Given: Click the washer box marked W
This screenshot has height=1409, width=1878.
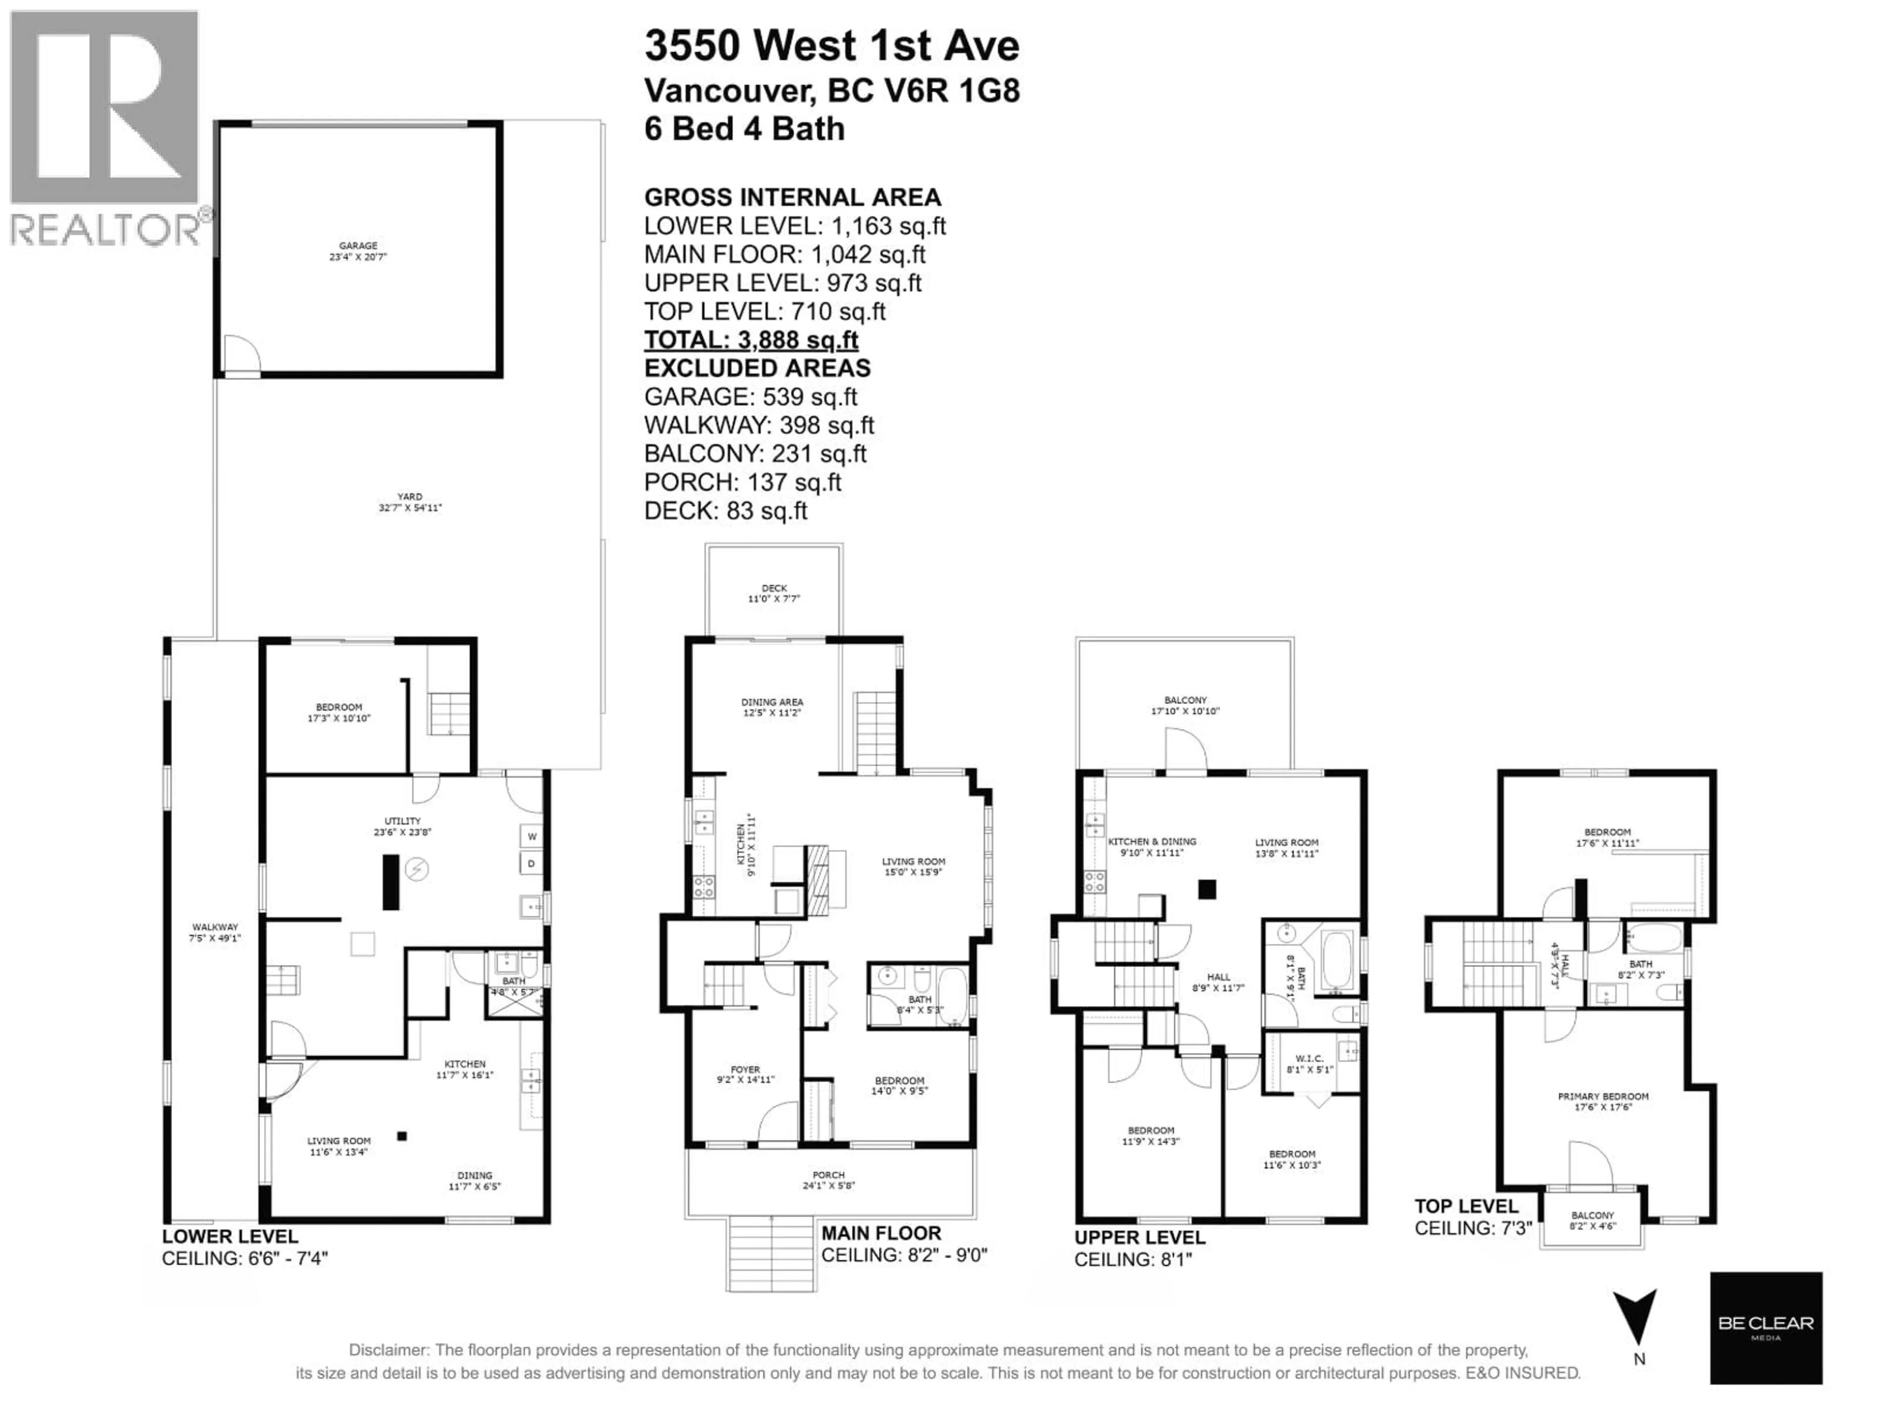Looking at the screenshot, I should tap(532, 837).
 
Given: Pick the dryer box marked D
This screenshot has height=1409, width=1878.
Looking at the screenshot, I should tap(532, 864).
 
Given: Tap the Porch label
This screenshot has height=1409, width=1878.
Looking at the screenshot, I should tap(828, 1180).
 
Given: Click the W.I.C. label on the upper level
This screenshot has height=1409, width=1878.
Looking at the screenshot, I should tap(1309, 1063).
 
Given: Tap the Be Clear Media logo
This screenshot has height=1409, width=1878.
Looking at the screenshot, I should tap(1766, 1327).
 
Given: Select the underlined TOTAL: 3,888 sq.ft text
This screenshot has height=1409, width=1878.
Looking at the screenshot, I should tap(751, 340).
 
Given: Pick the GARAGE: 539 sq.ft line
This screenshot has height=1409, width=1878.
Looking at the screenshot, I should tap(751, 397).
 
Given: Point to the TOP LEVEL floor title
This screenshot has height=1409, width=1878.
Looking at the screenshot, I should tap(1466, 1206).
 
